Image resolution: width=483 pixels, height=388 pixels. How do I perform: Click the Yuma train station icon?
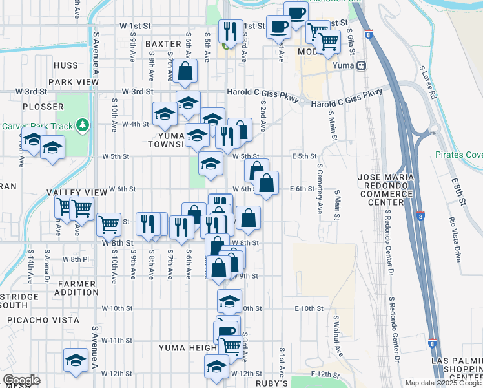tap(362, 65)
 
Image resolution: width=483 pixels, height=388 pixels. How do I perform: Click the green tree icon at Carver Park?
tap(81, 124)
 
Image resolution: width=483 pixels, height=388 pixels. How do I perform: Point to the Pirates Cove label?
tap(458, 155)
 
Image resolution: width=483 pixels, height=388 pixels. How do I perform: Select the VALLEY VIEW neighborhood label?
tap(77, 193)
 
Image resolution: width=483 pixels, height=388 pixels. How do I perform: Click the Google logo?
tap(21, 380)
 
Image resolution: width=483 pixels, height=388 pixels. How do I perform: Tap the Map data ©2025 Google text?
tap(442, 383)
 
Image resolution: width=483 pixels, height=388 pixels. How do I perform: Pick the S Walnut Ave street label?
tap(338, 336)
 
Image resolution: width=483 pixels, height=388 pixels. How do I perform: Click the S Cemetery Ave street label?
tap(320, 189)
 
